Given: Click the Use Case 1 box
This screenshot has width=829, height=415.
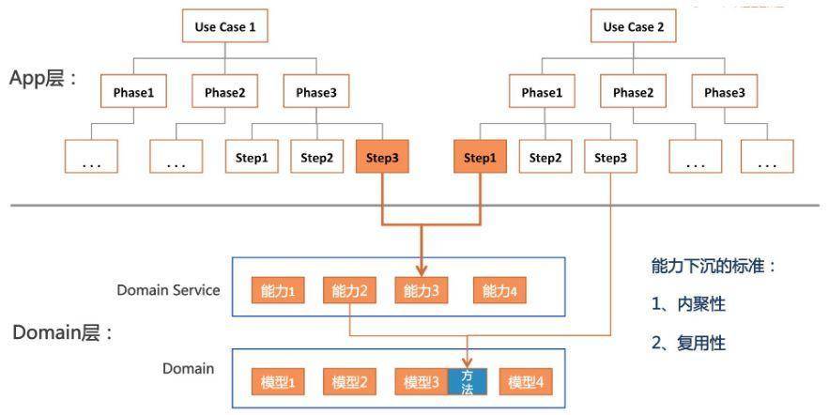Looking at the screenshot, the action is click(225, 26).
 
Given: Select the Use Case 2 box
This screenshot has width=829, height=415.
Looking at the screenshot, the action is click(634, 26).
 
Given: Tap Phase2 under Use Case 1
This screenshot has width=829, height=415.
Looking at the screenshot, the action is click(224, 91).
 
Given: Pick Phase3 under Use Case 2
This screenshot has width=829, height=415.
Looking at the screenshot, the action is click(724, 91).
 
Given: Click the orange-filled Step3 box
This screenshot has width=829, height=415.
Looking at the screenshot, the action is click(382, 157).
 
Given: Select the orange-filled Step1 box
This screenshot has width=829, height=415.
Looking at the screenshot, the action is click(480, 157).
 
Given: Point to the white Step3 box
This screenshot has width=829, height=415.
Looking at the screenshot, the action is click(610, 157).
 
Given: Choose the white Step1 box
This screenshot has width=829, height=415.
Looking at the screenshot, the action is click(252, 157).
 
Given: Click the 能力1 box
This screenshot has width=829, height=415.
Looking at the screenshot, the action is click(278, 290).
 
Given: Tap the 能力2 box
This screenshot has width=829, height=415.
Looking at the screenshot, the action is click(349, 290).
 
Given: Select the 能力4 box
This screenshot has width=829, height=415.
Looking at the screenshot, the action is click(499, 290).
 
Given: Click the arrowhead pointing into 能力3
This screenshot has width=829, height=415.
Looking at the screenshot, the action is click(422, 270).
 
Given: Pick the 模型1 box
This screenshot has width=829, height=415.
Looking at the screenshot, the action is click(278, 382).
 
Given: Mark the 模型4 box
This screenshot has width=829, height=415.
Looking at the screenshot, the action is click(526, 382).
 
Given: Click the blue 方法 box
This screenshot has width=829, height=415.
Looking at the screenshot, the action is click(468, 382).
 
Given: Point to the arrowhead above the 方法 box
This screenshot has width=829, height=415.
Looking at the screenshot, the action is click(468, 362).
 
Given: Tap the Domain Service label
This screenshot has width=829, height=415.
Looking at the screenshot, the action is click(168, 290).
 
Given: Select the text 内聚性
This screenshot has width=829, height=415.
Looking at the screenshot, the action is click(701, 304).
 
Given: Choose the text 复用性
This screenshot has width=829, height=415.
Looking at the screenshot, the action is click(701, 343).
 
